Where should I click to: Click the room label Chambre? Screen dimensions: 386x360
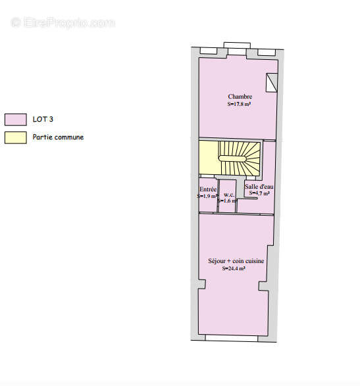pyautogui.click(x=240, y=97)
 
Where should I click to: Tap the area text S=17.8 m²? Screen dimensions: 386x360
pyautogui.click(x=240, y=104)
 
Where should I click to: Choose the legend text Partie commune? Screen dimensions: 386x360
pyautogui.click(x=58, y=137)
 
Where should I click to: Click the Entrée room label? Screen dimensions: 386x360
pyautogui.click(x=208, y=189)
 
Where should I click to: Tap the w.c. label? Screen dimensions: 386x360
pyautogui.click(x=229, y=195)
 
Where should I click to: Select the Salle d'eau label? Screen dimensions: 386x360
pyautogui.click(x=259, y=187)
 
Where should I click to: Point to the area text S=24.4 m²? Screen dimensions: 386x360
pyautogui.click(x=234, y=268)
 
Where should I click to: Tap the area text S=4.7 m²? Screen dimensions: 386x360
pyautogui.click(x=259, y=193)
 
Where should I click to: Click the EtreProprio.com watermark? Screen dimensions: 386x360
pyautogui.click(x=63, y=22)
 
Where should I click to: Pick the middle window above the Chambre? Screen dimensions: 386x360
pyautogui.click(x=236, y=46)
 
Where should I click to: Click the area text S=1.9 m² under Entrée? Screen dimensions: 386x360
pyautogui.click(x=207, y=196)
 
